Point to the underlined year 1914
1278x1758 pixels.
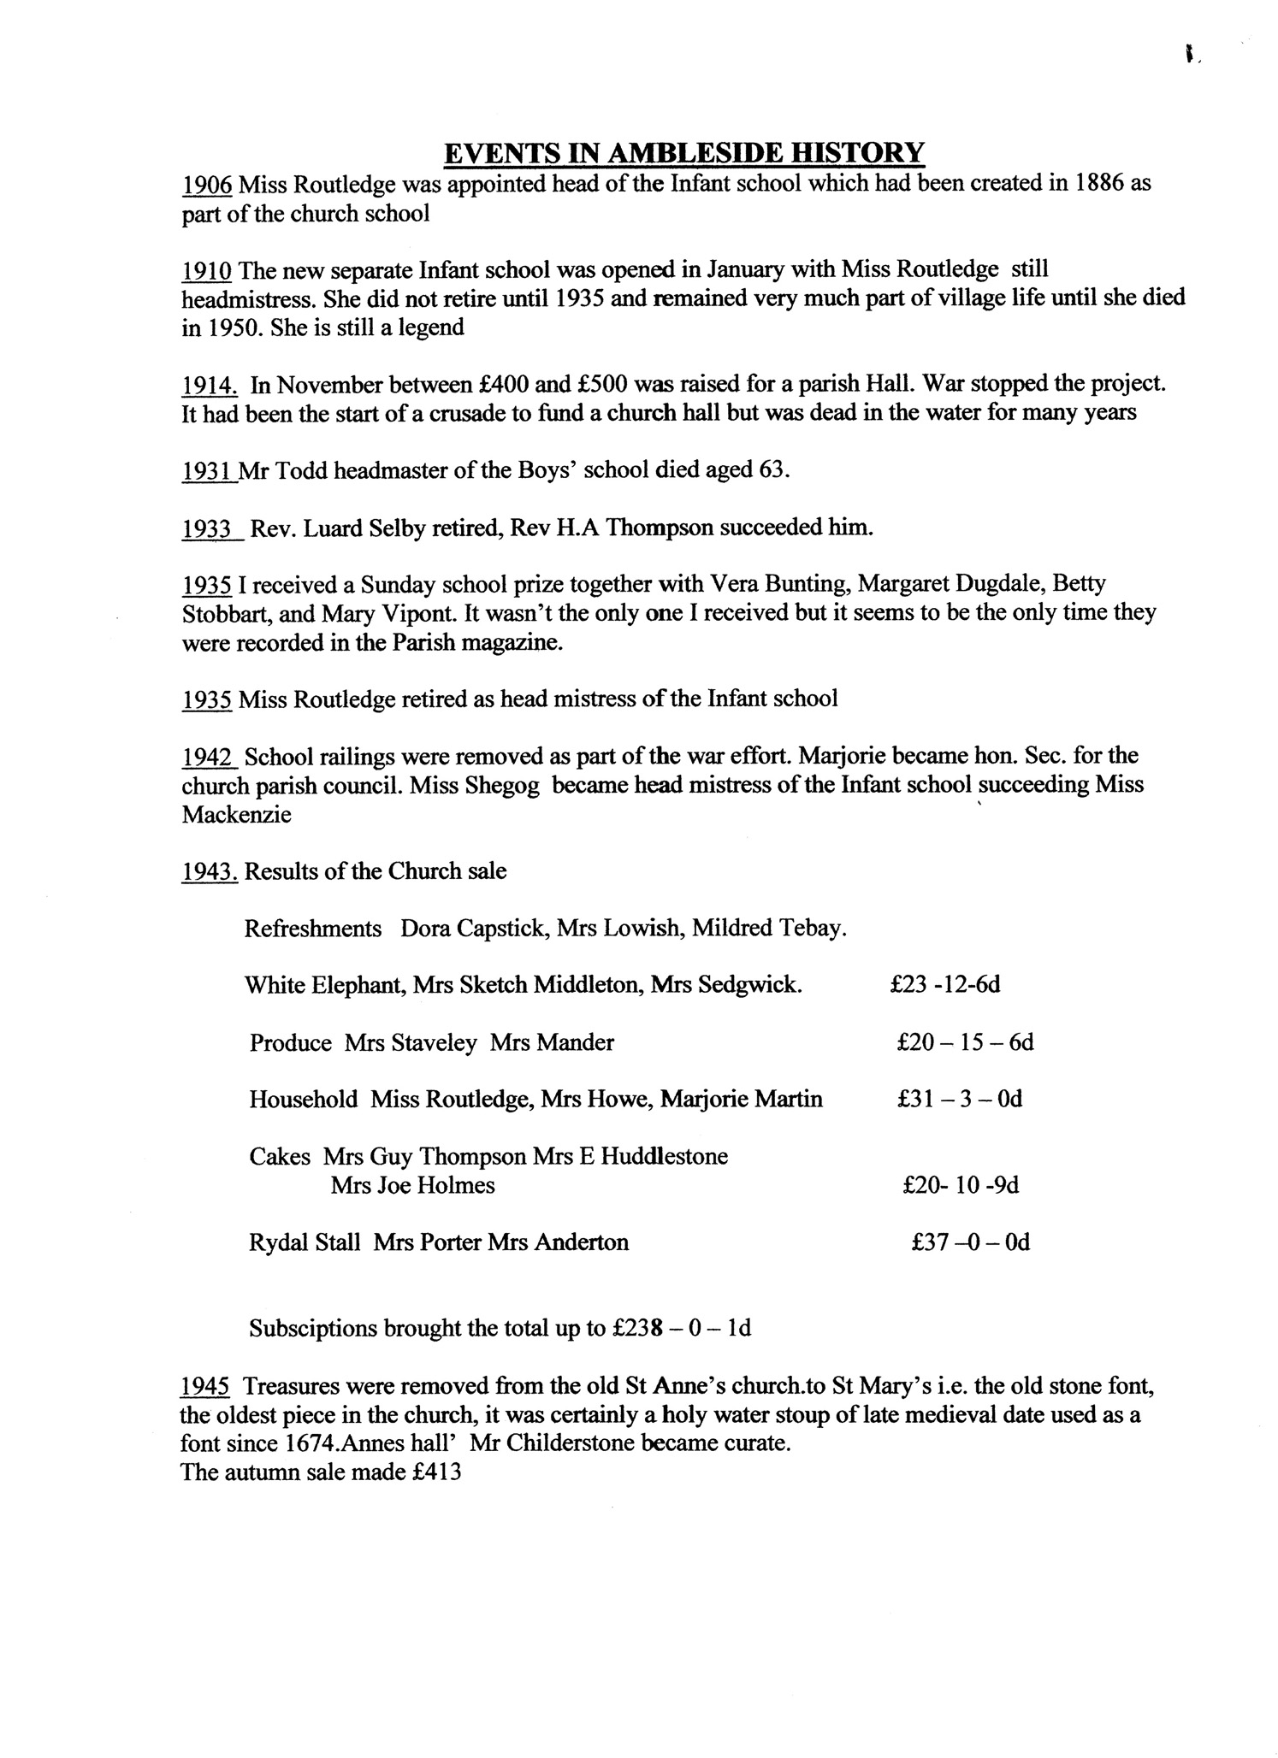pyautogui.click(x=210, y=385)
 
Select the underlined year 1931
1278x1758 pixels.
pyautogui.click(x=209, y=471)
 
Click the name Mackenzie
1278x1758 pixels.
pyautogui.click(x=236, y=815)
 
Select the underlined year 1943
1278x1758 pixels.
pyautogui.click(x=210, y=871)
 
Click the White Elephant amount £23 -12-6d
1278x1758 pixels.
pyautogui.click(x=945, y=984)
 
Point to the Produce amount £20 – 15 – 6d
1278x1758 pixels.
pyautogui.click(x=965, y=1042)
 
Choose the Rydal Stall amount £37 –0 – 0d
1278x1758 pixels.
pyautogui.click(x=970, y=1242)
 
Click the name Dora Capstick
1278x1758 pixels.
pyautogui.click(x=473, y=928)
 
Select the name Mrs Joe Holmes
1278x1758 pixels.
pyautogui.click(x=412, y=1185)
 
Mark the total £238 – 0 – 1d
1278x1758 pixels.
pyautogui.click(x=682, y=1329)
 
